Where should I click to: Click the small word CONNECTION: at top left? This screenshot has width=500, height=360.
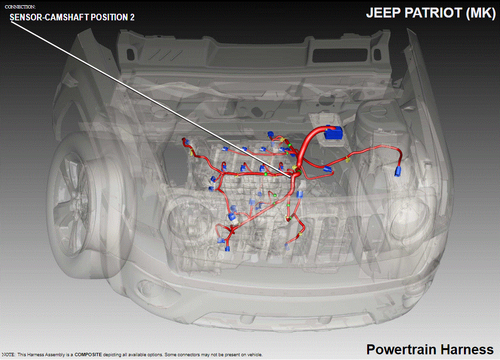click(20, 7)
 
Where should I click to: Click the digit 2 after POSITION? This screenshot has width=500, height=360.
click(132, 17)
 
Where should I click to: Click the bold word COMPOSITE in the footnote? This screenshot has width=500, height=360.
click(88, 355)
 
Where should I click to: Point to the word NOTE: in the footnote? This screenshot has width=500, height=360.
click(9, 355)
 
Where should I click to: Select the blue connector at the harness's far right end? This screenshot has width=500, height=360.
click(398, 171)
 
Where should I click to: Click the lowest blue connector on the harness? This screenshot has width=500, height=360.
click(227, 249)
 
